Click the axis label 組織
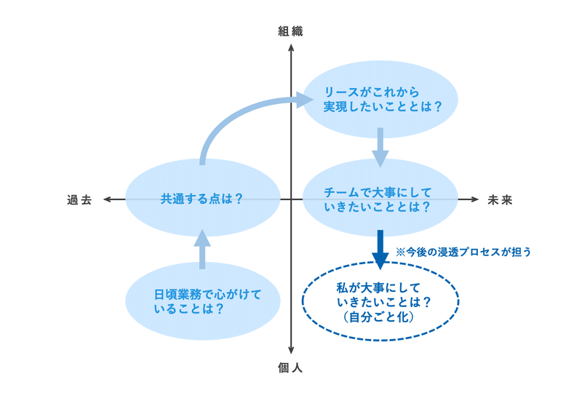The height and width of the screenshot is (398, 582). (290, 31)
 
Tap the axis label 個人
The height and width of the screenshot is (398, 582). (290, 368)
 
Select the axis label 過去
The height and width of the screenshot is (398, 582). (79, 200)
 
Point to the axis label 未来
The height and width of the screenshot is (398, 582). (500, 200)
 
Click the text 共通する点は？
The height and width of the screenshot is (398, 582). (202, 199)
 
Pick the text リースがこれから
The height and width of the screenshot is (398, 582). (372, 92)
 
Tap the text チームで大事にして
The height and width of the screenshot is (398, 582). (378, 192)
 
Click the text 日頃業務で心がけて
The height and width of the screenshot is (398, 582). (208, 295)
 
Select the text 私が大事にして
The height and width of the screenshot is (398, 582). (378, 287)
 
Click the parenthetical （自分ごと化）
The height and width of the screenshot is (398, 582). (378, 317)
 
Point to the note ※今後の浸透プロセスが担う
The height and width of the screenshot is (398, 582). (463, 252)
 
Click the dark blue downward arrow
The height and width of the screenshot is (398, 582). (380, 250)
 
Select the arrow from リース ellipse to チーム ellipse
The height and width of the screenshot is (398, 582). (380, 148)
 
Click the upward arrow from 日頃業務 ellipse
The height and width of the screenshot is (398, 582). (202, 249)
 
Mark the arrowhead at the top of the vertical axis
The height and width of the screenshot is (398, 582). (291, 47)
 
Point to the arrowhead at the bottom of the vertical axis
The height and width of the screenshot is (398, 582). (291, 351)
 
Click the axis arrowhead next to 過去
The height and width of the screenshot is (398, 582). (107, 199)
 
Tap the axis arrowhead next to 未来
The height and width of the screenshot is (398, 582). (475, 199)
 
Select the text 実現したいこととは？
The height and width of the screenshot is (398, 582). (383, 106)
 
